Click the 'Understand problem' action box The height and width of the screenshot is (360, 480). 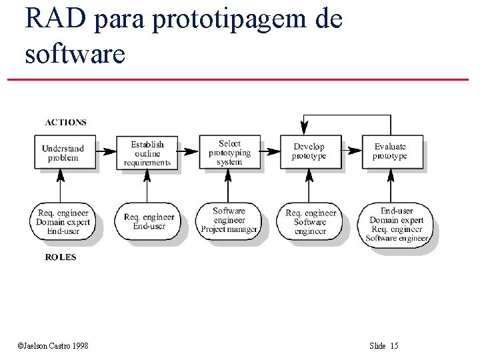coord(63,153)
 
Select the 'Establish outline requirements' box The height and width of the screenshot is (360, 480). coord(147,153)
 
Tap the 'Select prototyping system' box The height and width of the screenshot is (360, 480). coord(229,153)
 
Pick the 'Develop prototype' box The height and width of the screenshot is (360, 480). coord(309,151)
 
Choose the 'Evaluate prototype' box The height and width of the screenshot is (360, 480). coord(390,151)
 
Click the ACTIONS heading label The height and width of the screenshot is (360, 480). coord(65,123)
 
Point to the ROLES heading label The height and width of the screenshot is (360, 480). coord(61,257)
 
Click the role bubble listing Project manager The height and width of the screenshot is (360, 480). coord(229,221)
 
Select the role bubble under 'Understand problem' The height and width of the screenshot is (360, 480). coord(63,222)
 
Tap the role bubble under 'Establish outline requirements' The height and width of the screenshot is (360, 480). coord(149,221)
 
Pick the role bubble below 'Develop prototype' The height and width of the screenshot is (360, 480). coord(310,222)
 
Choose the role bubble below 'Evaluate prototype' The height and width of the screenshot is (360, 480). coord(397,225)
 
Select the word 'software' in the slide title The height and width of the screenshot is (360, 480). coord(75,53)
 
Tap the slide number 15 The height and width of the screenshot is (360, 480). coord(394,345)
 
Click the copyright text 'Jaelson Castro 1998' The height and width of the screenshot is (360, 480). coord(56,345)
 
